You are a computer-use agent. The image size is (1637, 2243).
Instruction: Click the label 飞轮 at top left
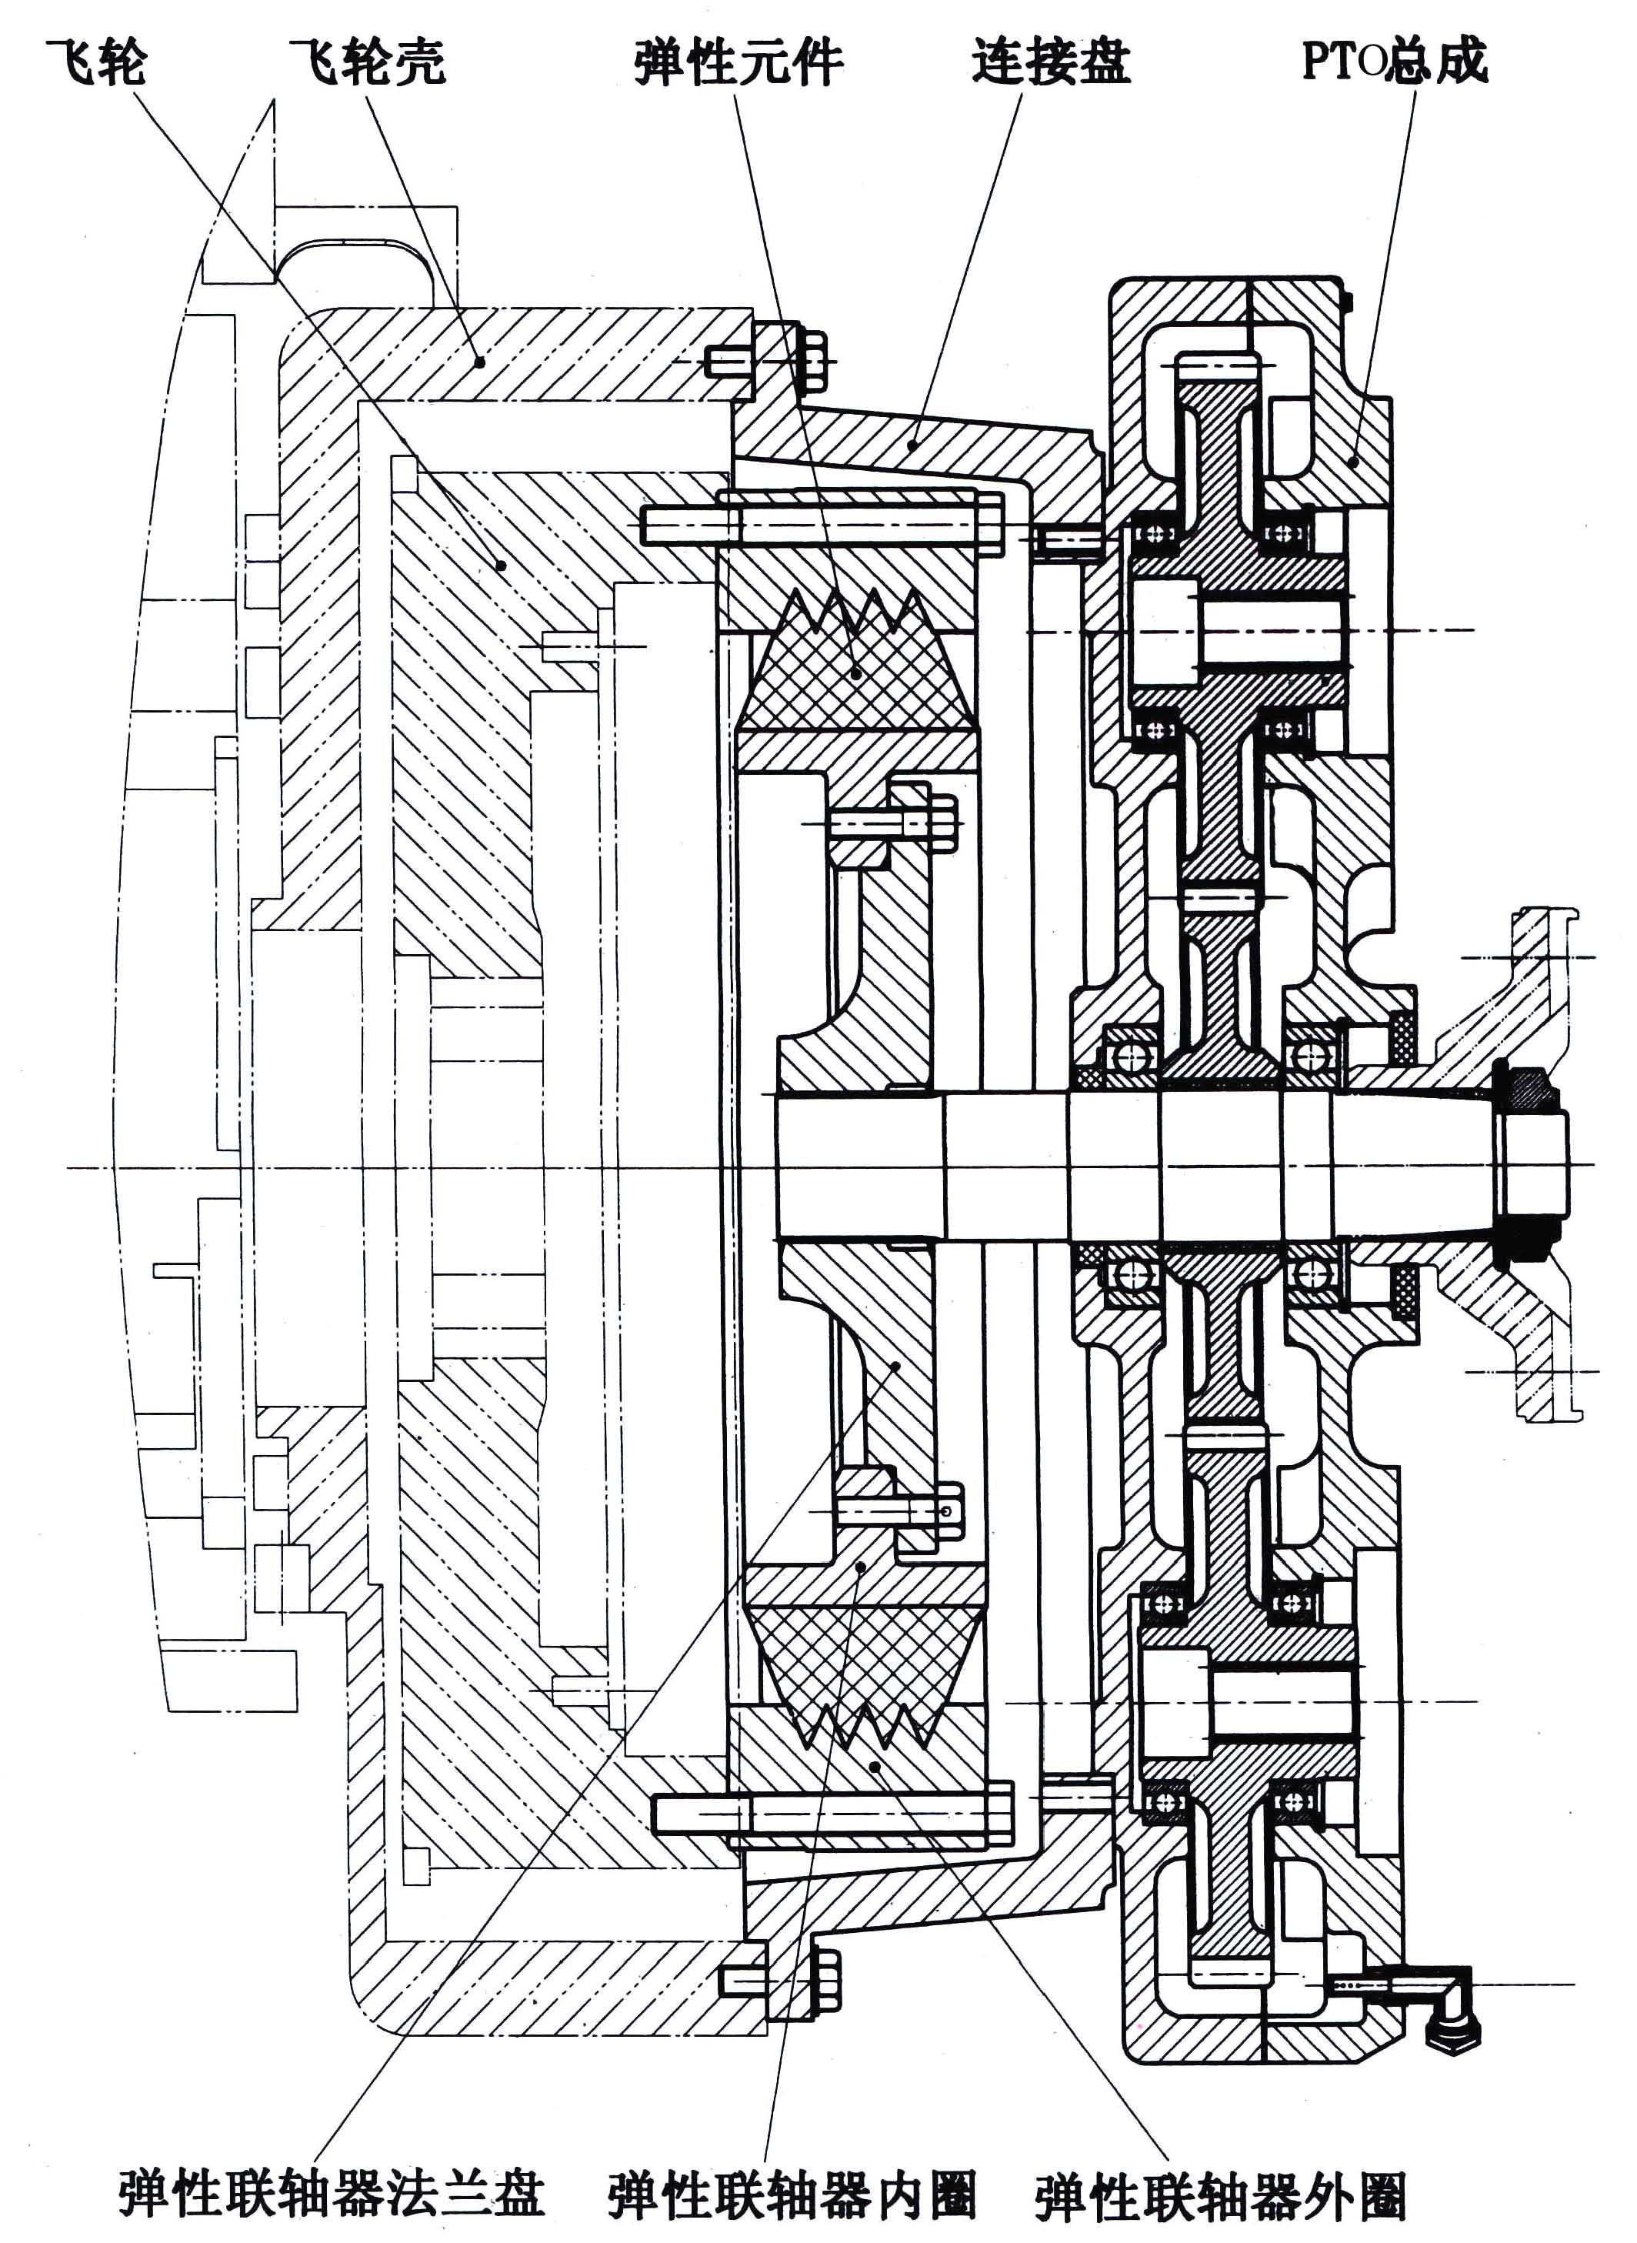coord(96,62)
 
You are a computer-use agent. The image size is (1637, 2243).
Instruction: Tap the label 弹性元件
coord(738,62)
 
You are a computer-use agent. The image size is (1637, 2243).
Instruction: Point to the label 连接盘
coord(1050,62)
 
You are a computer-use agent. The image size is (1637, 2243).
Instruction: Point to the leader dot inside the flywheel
coord(502,566)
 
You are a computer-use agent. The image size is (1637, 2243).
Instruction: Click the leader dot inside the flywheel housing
coord(479,362)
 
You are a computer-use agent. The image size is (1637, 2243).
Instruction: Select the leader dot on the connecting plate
coord(912,447)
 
